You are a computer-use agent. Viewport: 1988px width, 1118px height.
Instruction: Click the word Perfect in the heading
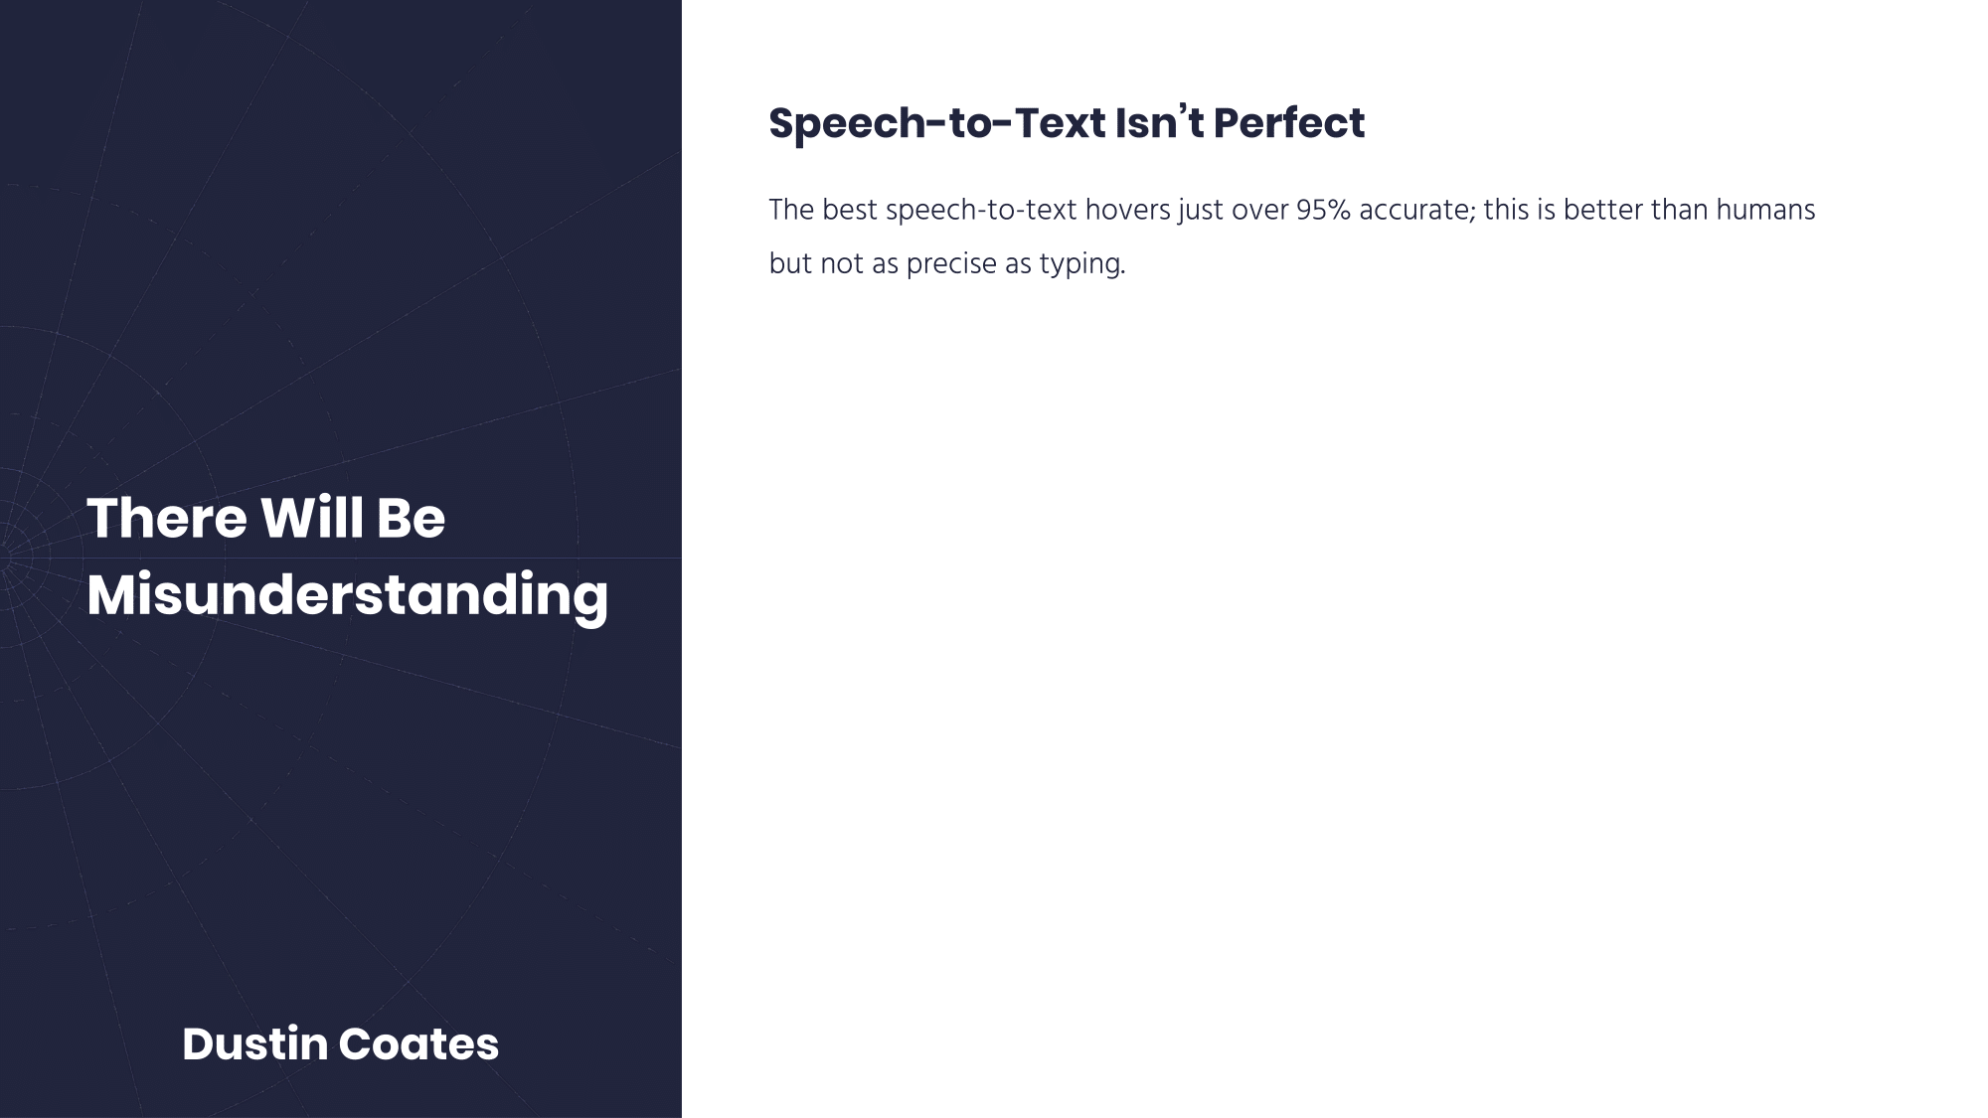coord(1288,123)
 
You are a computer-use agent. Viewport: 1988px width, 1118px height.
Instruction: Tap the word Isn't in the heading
coord(1159,123)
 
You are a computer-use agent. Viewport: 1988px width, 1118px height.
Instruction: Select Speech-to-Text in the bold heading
coord(937,124)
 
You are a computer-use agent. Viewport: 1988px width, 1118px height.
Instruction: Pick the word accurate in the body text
coord(1417,211)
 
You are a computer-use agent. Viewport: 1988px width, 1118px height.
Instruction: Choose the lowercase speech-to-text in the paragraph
coord(981,212)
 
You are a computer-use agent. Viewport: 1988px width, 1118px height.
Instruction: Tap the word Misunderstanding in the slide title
coord(347,595)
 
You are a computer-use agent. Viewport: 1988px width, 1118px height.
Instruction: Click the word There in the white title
coord(167,518)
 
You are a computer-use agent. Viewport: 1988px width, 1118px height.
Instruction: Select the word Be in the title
coord(411,518)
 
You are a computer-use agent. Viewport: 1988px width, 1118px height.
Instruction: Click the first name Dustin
coord(254,1044)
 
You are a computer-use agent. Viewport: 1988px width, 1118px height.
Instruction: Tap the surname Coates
coord(418,1044)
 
